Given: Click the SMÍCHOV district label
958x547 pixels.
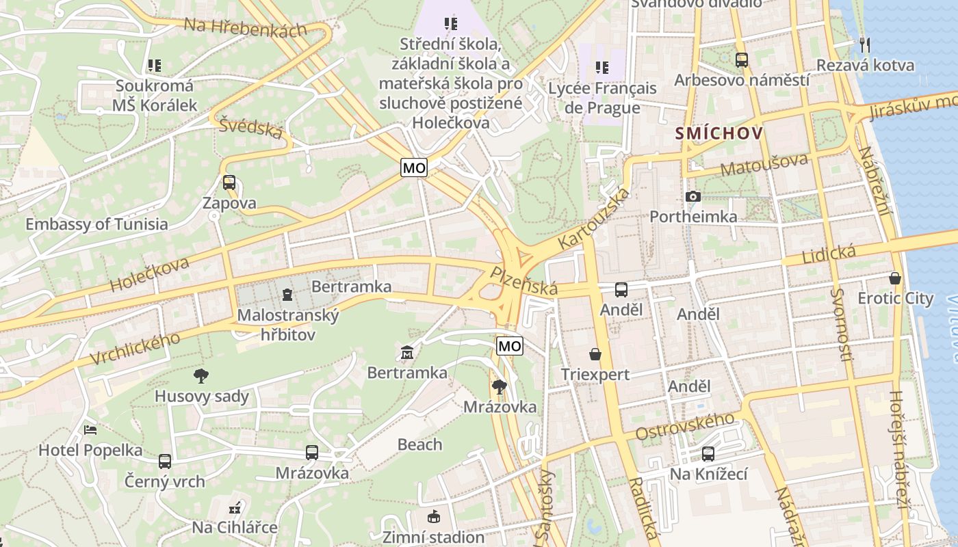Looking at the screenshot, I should tap(718, 133).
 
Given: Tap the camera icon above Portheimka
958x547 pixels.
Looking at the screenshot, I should tap(692, 197).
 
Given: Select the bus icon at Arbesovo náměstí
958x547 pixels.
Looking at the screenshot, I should tap(741, 60).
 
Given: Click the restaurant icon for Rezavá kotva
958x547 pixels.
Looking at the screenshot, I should tap(865, 45).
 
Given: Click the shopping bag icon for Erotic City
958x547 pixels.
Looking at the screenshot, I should tap(894, 278).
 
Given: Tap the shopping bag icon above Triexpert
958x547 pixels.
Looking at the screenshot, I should tap(595, 354).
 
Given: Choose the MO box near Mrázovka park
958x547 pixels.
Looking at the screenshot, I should tap(509, 346).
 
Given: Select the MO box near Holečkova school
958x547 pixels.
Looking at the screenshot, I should tap(414, 168).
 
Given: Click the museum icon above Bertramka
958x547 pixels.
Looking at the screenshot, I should tap(407, 353).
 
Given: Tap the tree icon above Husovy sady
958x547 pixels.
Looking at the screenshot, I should tap(200, 375).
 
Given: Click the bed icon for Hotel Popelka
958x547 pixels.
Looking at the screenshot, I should tap(90, 430).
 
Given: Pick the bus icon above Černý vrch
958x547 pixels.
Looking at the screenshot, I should tap(165, 461).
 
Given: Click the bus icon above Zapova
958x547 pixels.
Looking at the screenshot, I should tap(229, 183).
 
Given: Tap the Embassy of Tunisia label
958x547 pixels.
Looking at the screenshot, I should tap(96, 224).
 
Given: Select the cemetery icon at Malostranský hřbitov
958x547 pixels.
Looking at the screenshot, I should tap(287, 295).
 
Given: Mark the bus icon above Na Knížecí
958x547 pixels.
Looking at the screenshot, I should tap(708, 454).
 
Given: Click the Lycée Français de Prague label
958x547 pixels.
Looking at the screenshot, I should tap(602, 98).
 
